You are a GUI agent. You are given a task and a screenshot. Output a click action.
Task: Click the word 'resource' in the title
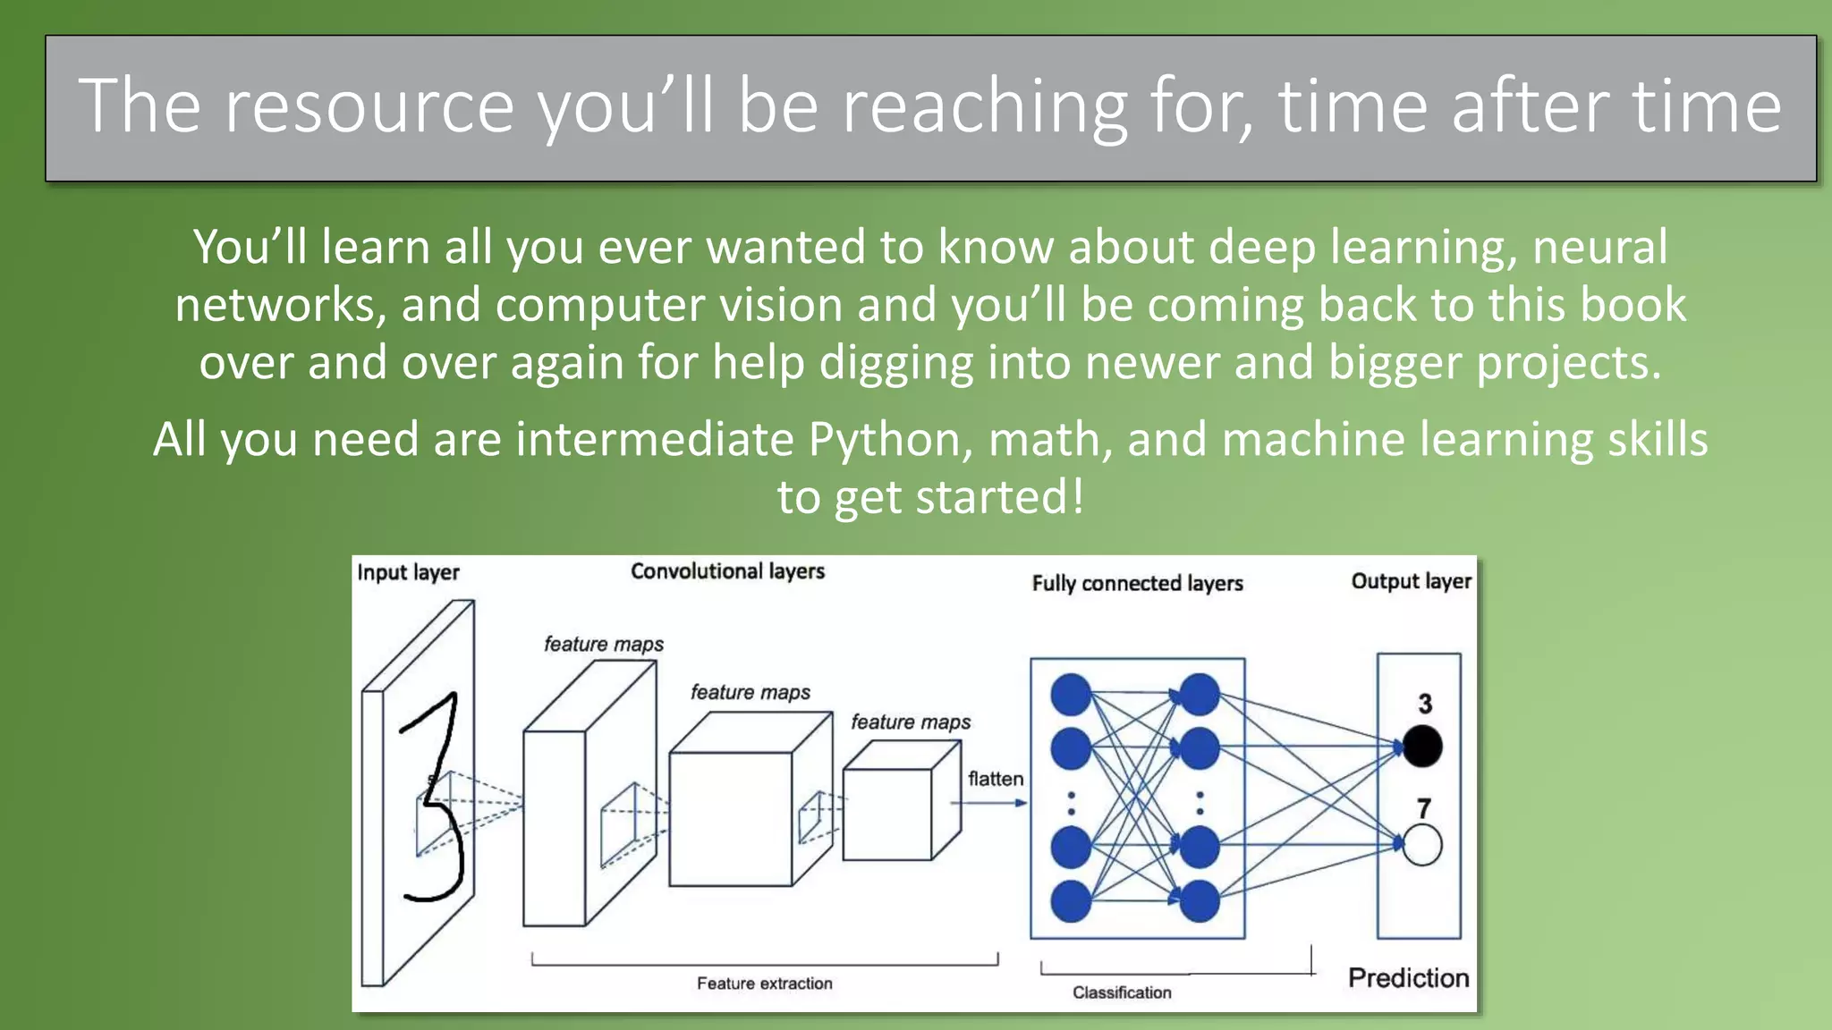coord(369,107)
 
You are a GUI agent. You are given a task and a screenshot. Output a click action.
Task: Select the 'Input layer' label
coord(408,572)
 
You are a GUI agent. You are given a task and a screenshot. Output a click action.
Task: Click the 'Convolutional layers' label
coord(727,571)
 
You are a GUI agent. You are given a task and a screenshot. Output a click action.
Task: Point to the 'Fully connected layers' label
coord(1137,584)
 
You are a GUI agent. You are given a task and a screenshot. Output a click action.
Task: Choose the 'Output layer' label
coord(1411,581)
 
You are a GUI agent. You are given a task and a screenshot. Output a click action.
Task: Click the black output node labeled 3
coord(1421,746)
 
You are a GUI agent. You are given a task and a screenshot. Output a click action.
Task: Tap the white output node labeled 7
coord(1421,845)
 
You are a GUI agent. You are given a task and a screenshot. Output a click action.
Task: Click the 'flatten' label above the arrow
coord(995,779)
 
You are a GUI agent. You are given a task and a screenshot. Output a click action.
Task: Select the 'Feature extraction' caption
coord(764,984)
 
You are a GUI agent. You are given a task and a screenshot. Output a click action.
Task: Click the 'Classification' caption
coord(1122,992)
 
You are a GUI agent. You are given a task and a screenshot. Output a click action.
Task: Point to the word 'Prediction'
coord(1408,978)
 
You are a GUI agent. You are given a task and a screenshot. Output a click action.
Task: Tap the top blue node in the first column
coord(1071,695)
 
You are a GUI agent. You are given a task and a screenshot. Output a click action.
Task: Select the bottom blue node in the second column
coord(1200,901)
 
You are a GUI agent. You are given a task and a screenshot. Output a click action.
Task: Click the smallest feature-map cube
coord(895,809)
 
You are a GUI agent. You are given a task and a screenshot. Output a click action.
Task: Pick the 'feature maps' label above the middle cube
coord(750,692)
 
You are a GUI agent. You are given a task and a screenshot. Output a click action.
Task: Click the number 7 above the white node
coord(1424,808)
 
